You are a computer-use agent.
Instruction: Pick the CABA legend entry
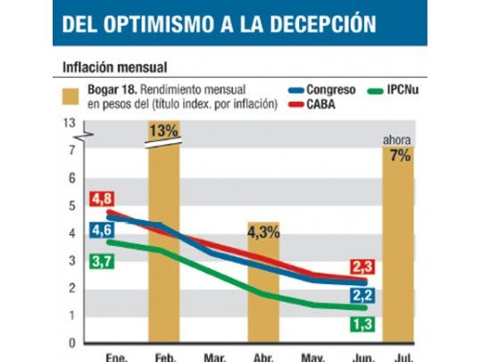coord(311,105)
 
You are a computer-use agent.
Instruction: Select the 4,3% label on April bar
coord(263,232)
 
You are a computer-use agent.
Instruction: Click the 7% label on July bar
coord(400,156)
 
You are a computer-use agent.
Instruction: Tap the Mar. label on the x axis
coord(215,357)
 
